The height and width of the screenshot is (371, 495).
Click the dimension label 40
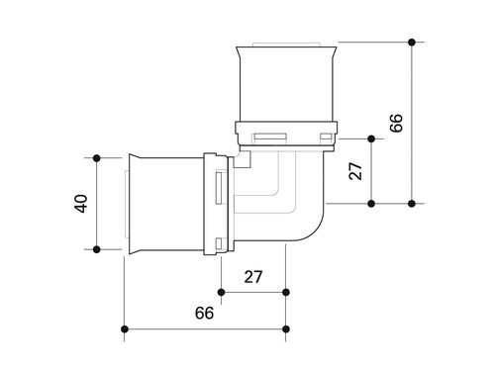click(x=81, y=204)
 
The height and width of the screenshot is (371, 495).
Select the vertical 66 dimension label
click(x=396, y=123)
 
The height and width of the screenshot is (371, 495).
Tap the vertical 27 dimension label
click(x=355, y=171)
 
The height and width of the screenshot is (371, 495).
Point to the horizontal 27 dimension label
click(x=253, y=277)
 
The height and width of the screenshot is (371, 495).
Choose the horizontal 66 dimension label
click(x=204, y=313)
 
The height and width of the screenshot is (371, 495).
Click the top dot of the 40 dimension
click(x=97, y=158)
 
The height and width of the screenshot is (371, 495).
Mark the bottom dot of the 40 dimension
click(x=97, y=249)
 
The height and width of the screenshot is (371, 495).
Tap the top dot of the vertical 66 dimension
click(x=412, y=43)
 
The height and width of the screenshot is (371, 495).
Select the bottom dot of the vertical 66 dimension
click(x=412, y=204)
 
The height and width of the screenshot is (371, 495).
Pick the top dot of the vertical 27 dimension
click(x=371, y=139)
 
